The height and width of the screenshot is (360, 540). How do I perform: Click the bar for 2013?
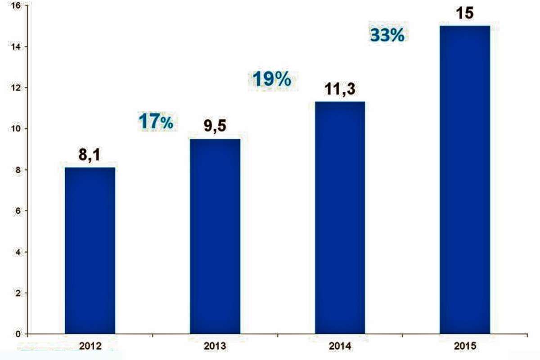[215, 236]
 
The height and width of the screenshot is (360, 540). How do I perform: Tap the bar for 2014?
[340, 218]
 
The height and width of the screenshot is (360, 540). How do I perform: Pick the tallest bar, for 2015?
[464, 180]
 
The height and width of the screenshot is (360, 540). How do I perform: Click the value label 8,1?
[90, 157]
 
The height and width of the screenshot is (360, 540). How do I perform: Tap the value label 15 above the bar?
[464, 13]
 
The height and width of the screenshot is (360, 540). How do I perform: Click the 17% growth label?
[155, 121]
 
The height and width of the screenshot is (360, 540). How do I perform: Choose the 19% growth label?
[271, 80]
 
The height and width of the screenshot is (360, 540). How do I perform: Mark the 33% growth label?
[387, 36]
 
